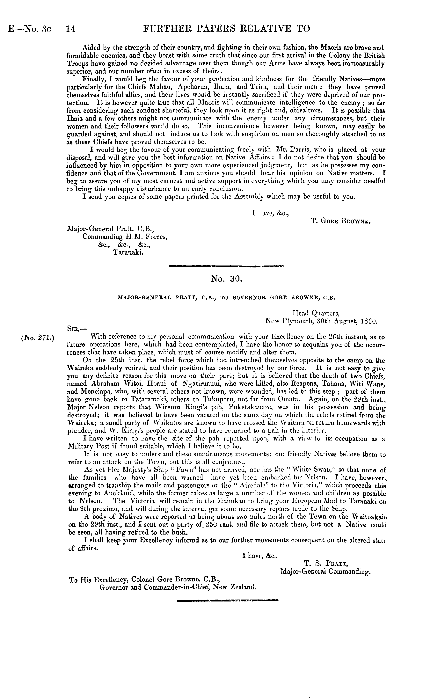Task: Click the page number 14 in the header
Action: coord(70,29)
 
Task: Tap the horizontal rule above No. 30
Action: coord(226,266)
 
